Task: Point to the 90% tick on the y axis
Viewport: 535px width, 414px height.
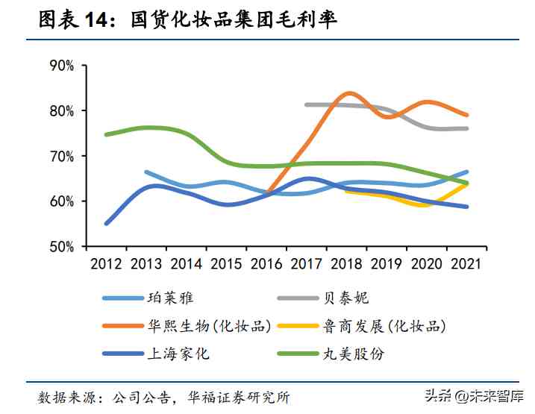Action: pos(60,66)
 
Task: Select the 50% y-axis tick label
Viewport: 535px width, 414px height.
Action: pos(60,246)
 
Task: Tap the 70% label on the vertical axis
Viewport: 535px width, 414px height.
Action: pos(60,156)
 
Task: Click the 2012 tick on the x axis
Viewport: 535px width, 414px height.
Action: pos(106,263)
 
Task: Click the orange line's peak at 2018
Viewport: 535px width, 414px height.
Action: pos(348,93)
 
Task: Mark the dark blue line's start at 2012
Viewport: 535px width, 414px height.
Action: pos(107,223)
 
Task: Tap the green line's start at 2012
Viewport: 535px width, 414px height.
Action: pos(107,134)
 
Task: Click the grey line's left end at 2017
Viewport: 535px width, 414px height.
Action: pos(307,104)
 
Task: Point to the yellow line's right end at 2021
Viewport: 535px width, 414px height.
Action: pos(467,183)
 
